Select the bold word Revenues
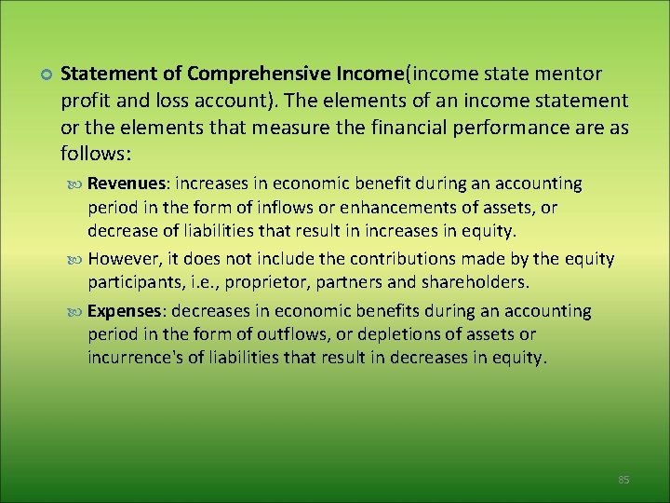click(128, 184)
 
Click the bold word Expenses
click(127, 311)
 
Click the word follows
click(93, 151)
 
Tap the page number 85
click(623, 480)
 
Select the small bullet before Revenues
click(77, 184)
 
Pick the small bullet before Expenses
click(77, 312)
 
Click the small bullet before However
click(77, 259)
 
